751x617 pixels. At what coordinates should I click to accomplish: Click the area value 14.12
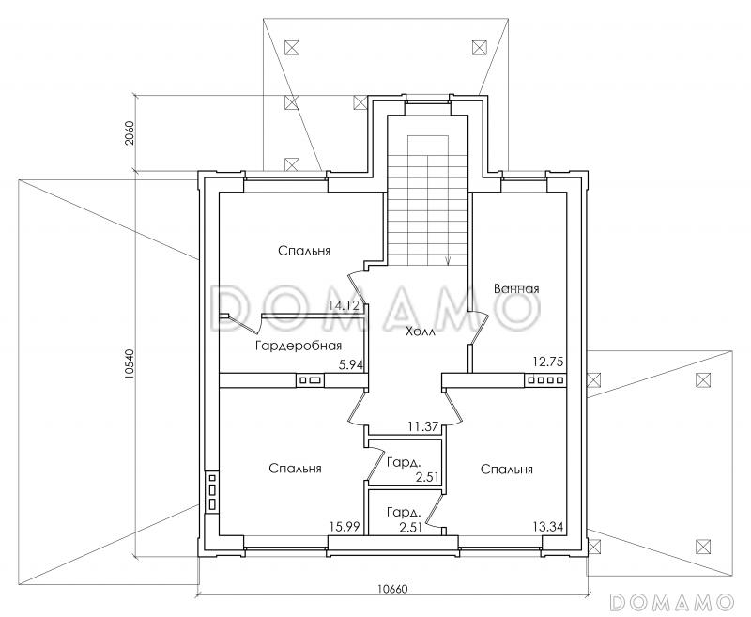click(x=344, y=305)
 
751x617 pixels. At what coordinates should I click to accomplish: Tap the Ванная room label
click(x=516, y=289)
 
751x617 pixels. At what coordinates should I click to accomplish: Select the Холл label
click(x=421, y=332)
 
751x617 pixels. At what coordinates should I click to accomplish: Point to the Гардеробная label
click(x=299, y=346)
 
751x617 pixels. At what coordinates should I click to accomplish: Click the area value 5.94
click(x=351, y=365)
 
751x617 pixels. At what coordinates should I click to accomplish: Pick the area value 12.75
click(x=548, y=362)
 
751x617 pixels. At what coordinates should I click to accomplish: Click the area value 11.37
click(x=423, y=426)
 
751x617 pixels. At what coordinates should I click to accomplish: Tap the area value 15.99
click(x=345, y=527)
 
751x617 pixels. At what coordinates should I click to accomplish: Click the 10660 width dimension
click(x=392, y=589)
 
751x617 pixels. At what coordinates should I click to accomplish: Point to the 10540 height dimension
click(x=129, y=364)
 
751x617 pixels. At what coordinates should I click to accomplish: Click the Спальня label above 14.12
click(x=304, y=251)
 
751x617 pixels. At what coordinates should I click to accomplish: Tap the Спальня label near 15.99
click(x=295, y=468)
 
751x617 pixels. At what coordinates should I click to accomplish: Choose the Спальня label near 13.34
click(x=507, y=469)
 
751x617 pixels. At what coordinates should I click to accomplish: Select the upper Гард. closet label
click(x=405, y=463)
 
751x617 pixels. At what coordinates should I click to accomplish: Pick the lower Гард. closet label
click(x=405, y=513)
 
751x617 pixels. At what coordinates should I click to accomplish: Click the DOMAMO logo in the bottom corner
click(x=672, y=600)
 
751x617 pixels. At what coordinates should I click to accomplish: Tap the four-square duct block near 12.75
click(x=546, y=381)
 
